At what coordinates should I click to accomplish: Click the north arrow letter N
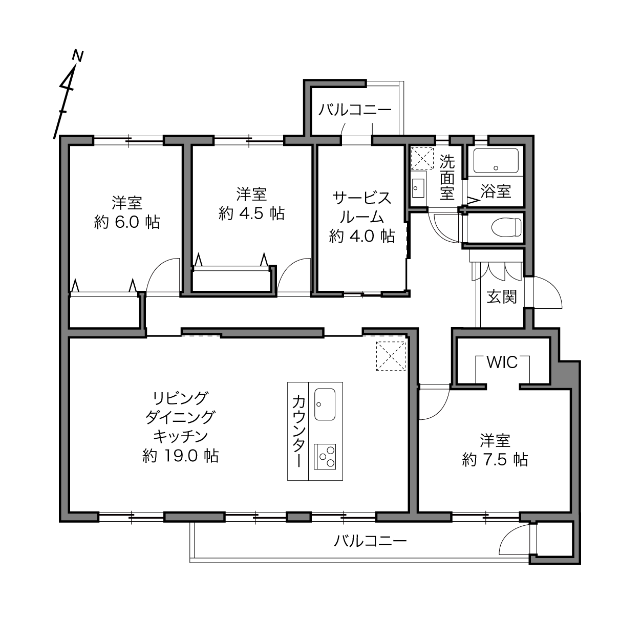pyautogui.click(x=78, y=56)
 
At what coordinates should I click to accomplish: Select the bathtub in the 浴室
pyautogui.click(x=496, y=161)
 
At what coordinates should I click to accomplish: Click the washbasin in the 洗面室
pyautogui.click(x=417, y=188)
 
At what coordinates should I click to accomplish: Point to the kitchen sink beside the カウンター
pyautogui.click(x=325, y=404)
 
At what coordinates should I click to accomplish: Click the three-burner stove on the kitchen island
pyautogui.click(x=325, y=457)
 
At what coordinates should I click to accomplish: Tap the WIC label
pyautogui.click(x=502, y=362)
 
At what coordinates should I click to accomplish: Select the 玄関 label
pyautogui.click(x=502, y=297)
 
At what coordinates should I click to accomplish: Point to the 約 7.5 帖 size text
pyautogui.click(x=495, y=460)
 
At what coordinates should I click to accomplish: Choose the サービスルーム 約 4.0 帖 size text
pyautogui.click(x=362, y=236)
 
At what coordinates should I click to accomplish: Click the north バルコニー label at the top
pyautogui.click(x=355, y=110)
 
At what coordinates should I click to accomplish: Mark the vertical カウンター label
pyautogui.click(x=298, y=432)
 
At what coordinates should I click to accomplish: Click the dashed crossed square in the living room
pyautogui.click(x=391, y=356)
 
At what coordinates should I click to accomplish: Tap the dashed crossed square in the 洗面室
pyautogui.click(x=422, y=158)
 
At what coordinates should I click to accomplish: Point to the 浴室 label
pyautogui.click(x=496, y=191)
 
